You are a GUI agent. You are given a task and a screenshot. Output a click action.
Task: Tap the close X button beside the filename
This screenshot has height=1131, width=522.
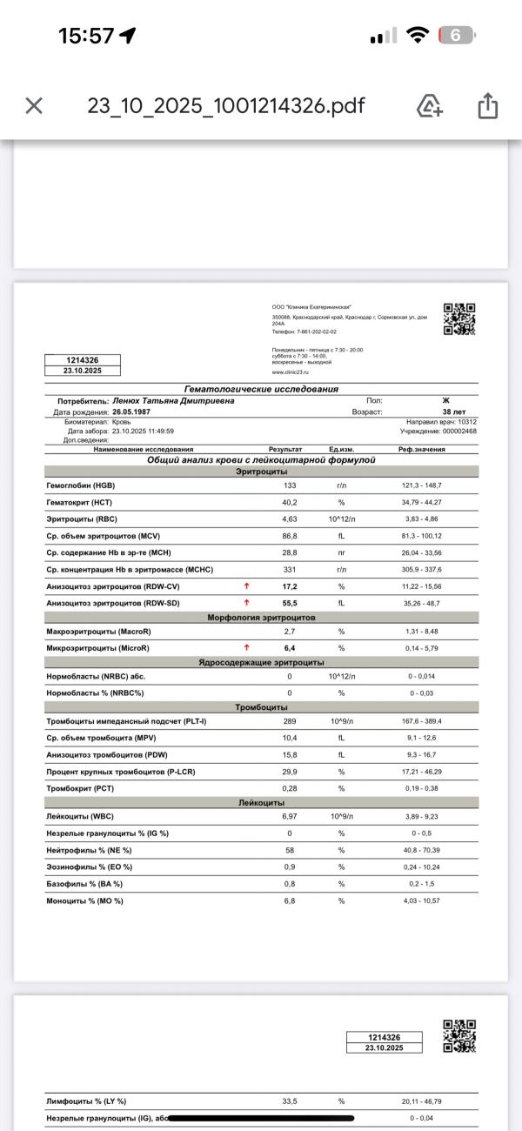tap(34, 106)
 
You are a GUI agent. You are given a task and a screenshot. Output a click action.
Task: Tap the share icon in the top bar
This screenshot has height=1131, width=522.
tap(487, 106)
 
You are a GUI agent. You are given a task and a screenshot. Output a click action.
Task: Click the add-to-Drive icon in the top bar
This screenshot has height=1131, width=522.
tap(430, 106)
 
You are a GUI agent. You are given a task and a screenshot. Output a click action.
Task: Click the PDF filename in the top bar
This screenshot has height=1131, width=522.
tap(226, 106)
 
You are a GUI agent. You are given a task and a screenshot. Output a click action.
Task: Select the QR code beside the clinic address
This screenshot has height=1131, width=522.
tap(459, 318)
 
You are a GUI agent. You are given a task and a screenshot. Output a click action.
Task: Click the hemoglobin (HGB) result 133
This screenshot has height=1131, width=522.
tap(290, 485)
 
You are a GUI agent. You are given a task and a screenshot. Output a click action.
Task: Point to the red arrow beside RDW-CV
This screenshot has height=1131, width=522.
tap(247, 586)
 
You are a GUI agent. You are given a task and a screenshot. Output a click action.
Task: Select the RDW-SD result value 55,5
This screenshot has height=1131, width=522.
tap(290, 603)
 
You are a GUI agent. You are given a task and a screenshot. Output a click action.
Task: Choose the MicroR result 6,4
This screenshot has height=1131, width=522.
tap(290, 648)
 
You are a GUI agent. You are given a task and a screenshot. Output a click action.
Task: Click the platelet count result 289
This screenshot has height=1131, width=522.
tap(290, 722)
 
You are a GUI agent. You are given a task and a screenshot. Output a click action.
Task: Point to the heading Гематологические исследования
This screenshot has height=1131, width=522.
tap(261, 389)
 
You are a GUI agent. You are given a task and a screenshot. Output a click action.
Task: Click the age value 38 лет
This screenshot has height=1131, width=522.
tap(452, 412)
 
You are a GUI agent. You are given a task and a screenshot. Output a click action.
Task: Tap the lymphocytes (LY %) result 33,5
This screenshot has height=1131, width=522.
tap(290, 1101)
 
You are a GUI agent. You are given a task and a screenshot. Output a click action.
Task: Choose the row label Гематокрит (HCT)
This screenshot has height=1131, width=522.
tap(79, 502)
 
